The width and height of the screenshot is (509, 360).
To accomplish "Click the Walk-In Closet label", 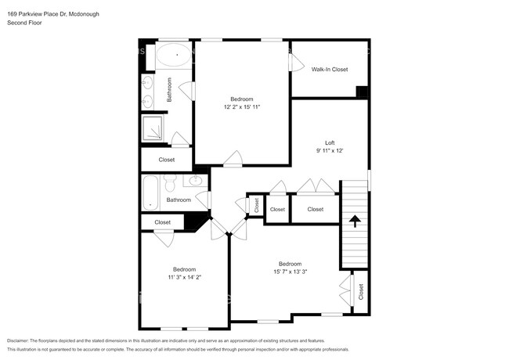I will pyautogui.click(x=329, y=69).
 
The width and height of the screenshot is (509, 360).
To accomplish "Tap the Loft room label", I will pyautogui.click(x=330, y=143).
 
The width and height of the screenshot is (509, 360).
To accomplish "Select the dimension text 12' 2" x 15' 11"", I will pyautogui.click(x=242, y=106).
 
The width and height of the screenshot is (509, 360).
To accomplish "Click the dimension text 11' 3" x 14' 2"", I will pyautogui.click(x=184, y=277).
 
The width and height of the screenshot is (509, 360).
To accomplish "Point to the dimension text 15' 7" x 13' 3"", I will pyautogui.click(x=290, y=272).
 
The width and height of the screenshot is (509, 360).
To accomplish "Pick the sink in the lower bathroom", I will pyautogui.click(x=195, y=182).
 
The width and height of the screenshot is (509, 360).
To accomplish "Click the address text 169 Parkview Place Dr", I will pyautogui.click(x=47, y=14).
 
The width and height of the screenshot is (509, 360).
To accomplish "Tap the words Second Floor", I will pyautogui.click(x=25, y=23).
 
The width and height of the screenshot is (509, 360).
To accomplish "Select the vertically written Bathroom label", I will pyautogui.click(x=169, y=90).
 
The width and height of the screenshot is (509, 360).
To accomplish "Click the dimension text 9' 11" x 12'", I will pyautogui.click(x=330, y=151).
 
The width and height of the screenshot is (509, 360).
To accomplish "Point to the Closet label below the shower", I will pyautogui.click(x=167, y=160).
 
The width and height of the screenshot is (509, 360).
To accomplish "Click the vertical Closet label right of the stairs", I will pyautogui.click(x=361, y=292).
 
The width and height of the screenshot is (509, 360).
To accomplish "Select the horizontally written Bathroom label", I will pyautogui.click(x=178, y=200).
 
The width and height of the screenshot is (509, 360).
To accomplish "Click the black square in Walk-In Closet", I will pyautogui.click(x=361, y=91).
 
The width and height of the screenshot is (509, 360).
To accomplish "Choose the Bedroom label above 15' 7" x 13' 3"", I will pyautogui.click(x=290, y=264).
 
